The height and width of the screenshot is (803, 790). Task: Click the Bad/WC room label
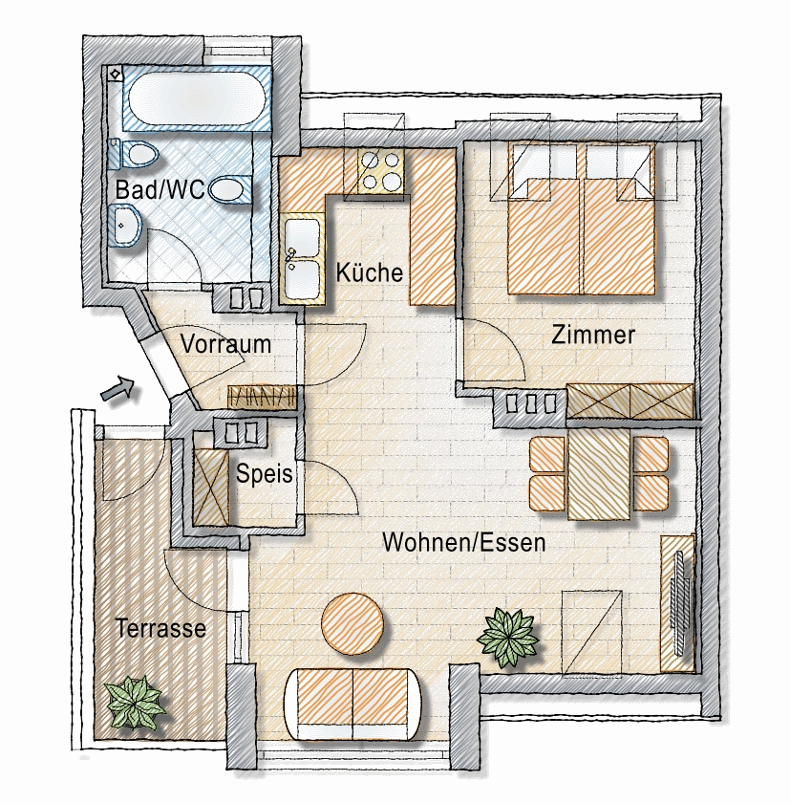pos(160,189)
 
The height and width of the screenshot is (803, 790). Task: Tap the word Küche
pos(370,271)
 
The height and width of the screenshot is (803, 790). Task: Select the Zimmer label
pos(593,335)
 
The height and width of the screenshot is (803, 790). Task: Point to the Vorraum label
pos(225,343)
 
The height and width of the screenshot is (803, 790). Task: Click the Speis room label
pos(264,473)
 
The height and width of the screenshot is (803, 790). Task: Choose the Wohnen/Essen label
pos(464,542)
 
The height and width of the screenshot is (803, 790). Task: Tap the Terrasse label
pos(160,628)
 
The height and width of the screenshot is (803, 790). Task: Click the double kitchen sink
pos(302,259)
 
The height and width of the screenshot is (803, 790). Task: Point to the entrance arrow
pos(117,389)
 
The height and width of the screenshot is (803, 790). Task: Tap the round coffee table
pos(353,623)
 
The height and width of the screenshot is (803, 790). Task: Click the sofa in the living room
pos(353,705)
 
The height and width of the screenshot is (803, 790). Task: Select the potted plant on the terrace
pos(135,701)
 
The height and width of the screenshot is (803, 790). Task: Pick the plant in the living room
pos(507,638)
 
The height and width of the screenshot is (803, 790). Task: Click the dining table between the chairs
pos(599,474)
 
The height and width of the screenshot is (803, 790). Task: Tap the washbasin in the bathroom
pos(124,226)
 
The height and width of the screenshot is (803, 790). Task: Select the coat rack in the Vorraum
pos(262,397)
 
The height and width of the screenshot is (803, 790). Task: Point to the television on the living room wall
pos(680,603)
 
